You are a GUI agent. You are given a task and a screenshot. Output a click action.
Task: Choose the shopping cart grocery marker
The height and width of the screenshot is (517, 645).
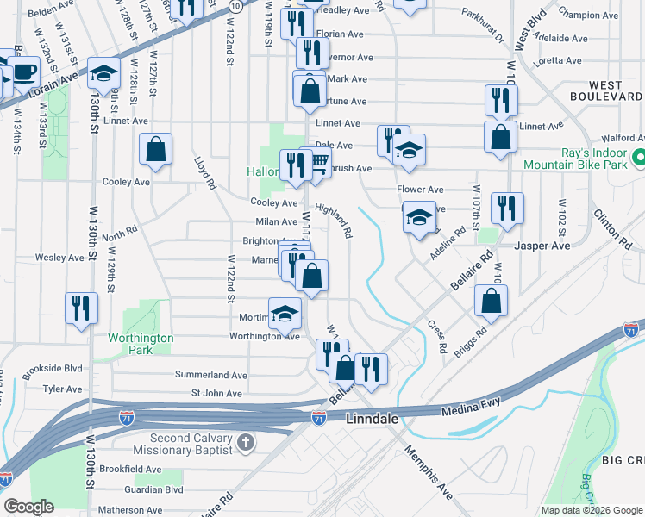tap(318, 162)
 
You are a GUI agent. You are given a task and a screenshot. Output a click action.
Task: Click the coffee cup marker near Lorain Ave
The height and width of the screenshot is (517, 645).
tap(22, 71)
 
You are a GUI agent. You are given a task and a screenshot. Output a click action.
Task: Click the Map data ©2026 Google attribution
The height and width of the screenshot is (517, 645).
tap(591, 510)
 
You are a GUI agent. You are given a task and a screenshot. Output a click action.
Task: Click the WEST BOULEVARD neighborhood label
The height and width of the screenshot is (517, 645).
tap(616, 90)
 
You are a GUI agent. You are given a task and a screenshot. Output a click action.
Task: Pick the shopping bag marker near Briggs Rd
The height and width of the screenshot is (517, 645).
tap(491, 302)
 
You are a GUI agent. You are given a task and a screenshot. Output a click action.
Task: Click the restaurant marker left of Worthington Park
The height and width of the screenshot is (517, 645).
tap(81, 308)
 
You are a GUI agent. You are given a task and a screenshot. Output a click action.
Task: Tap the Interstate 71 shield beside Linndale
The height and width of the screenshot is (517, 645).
tap(318, 417)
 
